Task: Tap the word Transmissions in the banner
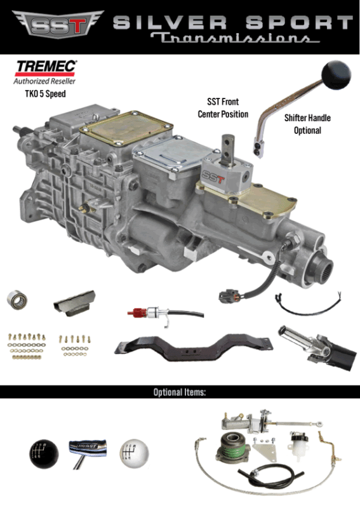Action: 235,39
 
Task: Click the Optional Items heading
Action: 180,392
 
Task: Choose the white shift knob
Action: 133,453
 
